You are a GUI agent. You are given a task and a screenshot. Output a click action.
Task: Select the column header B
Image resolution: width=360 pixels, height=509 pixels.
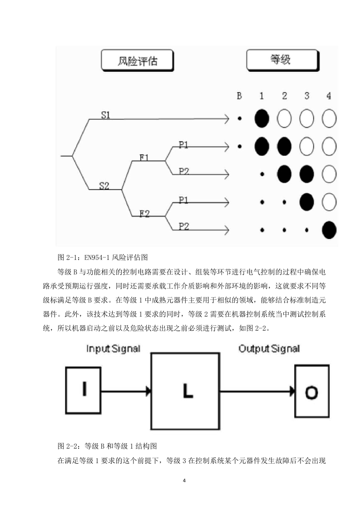pyautogui.click(x=239, y=96)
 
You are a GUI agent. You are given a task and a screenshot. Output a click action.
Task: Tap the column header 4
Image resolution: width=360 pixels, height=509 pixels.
pyautogui.click(x=329, y=96)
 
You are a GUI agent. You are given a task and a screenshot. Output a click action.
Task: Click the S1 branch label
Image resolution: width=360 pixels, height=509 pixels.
pyautogui.click(x=106, y=115)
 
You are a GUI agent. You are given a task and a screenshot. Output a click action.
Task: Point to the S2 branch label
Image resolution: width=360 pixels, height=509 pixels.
pyautogui.click(x=104, y=186)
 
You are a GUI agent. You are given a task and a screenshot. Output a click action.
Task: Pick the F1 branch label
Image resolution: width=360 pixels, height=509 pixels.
pyautogui.click(x=144, y=157)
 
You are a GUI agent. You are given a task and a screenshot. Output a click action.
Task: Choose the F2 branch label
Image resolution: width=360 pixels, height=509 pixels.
pyautogui.click(x=144, y=214)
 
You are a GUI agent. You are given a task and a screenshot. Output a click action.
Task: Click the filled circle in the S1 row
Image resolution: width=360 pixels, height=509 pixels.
pyautogui.click(x=262, y=118)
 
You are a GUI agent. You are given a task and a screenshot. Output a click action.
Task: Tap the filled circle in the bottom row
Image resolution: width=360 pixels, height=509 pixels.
pyautogui.click(x=329, y=230)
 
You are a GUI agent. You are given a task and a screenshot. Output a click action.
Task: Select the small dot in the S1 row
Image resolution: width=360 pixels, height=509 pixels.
pyautogui.click(x=239, y=118)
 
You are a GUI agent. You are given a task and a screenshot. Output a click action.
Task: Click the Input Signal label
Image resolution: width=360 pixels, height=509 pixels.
pyautogui.click(x=113, y=349)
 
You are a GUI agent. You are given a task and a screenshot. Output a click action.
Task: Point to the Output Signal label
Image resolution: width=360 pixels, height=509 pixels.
pyautogui.click(x=269, y=349)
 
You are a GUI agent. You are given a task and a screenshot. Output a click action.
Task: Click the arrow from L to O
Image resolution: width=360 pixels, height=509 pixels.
pyautogui.click(x=257, y=391)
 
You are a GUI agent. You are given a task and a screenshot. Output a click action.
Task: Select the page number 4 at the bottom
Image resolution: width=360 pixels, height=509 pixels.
pyautogui.click(x=184, y=480)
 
